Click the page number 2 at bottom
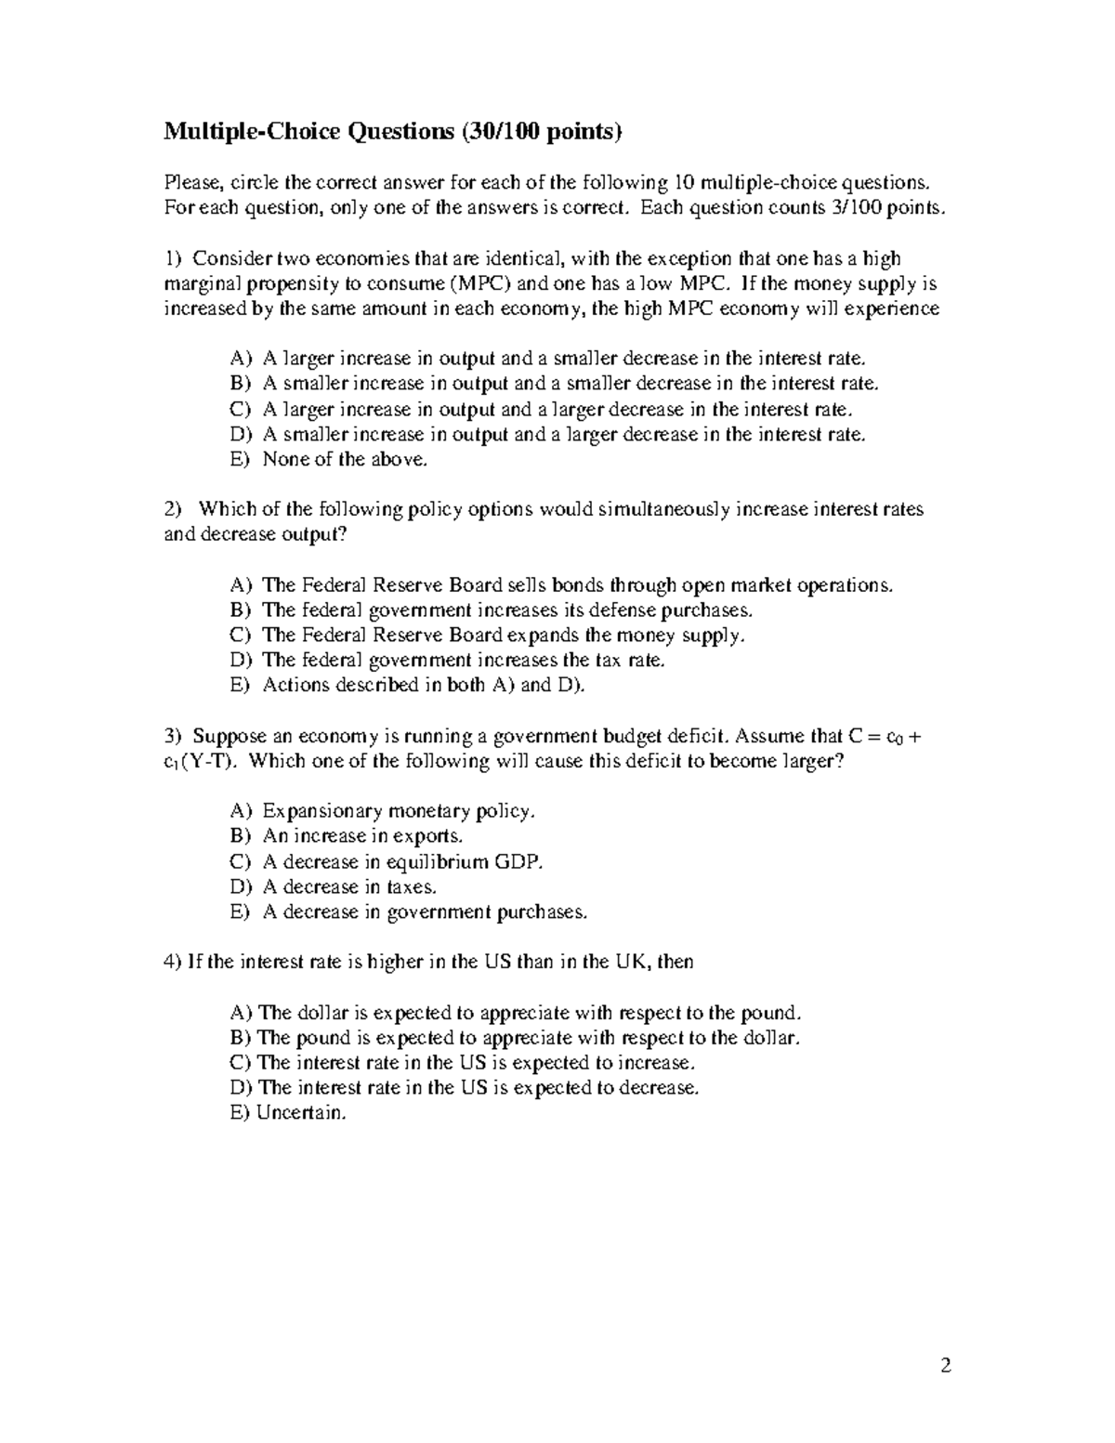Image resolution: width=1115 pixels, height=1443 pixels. click(x=946, y=1365)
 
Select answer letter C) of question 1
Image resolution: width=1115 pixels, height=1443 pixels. click(x=241, y=409)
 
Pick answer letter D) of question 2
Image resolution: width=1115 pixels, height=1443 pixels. click(x=241, y=661)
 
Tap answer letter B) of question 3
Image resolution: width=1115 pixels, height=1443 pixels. click(x=241, y=836)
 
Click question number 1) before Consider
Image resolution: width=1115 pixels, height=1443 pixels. click(x=173, y=258)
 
